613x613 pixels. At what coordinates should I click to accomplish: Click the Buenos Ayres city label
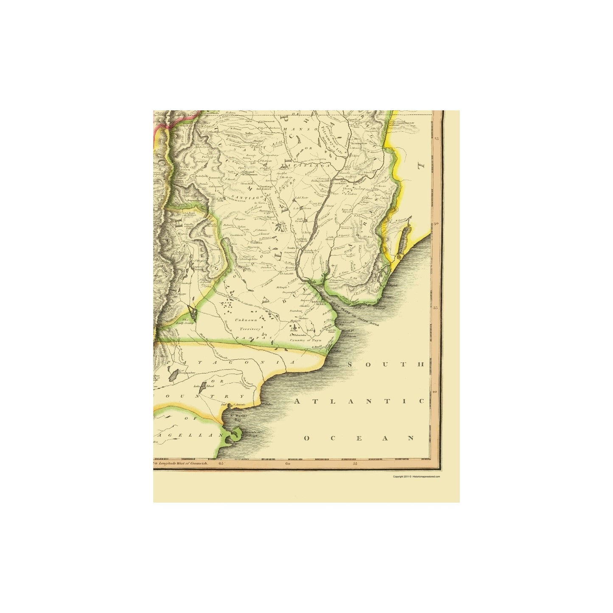(319, 303)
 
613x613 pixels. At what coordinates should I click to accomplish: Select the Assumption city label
(358, 143)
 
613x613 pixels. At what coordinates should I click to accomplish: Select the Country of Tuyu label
(306, 340)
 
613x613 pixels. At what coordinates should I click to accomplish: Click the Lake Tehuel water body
(203, 385)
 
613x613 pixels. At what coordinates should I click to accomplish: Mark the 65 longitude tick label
(221, 464)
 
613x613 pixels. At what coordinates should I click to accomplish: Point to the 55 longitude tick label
(355, 464)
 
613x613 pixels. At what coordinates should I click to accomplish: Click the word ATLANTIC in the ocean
(359, 401)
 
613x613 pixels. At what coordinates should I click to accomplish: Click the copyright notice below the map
(416, 476)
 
